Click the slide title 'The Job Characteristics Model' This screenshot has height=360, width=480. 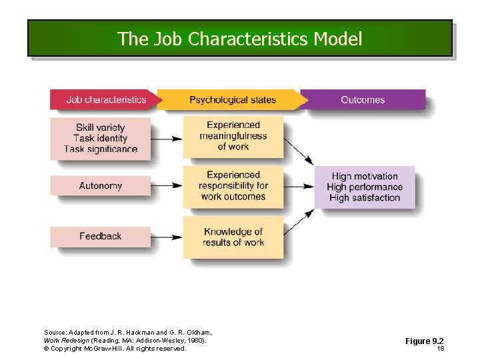tap(240, 39)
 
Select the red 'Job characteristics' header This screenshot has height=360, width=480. tap(105, 100)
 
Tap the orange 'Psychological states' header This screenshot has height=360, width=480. tap(232, 100)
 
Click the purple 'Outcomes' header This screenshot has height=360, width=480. tap(363, 100)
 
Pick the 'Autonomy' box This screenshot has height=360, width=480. tap(100, 185)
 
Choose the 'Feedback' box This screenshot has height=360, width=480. tap(100, 236)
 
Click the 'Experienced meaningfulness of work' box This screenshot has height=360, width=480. tap(233, 136)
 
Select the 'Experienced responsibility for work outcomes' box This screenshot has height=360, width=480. tap(233, 186)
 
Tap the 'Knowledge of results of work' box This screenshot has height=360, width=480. tap(233, 237)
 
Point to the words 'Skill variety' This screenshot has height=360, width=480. tap(100, 127)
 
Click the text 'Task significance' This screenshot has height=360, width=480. tap(101, 149)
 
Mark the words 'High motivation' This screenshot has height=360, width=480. tap(365, 176)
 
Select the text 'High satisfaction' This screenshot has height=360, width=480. tap(365, 197)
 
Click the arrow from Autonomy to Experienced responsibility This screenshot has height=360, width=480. tap(167, 186)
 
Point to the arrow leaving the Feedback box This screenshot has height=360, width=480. tap(167, 237)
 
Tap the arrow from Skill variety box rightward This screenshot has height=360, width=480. tap(167, 139)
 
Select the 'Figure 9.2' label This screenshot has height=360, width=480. tap(425, 341)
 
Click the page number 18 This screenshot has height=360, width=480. tap(440, 349)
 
